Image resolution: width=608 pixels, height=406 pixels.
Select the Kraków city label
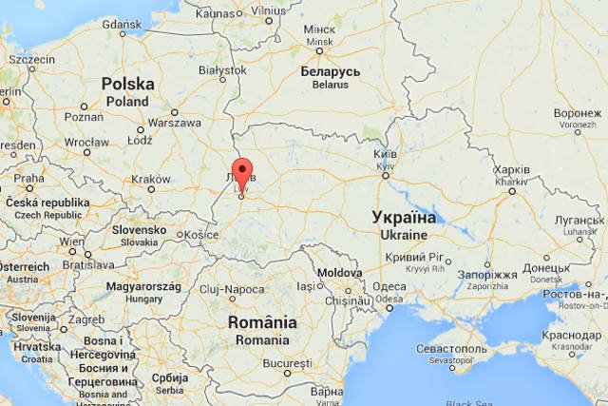(x=151, y=179)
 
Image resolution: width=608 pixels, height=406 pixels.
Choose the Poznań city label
(x=84, y=117)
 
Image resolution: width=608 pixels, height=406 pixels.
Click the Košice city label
(x=201, y=234)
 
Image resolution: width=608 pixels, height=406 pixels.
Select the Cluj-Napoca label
(x=233, y=289)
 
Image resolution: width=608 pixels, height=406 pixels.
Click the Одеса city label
(x=389, y=287)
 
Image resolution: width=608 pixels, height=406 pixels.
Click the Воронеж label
(x=578, y=112)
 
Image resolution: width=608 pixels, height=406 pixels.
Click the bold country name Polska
(x=127, y=84)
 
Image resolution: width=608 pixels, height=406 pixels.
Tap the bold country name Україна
(x=404, y=217)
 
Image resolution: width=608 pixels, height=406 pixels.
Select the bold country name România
(x=262, y=322)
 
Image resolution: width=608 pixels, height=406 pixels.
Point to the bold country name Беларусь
(x=331, y=71)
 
